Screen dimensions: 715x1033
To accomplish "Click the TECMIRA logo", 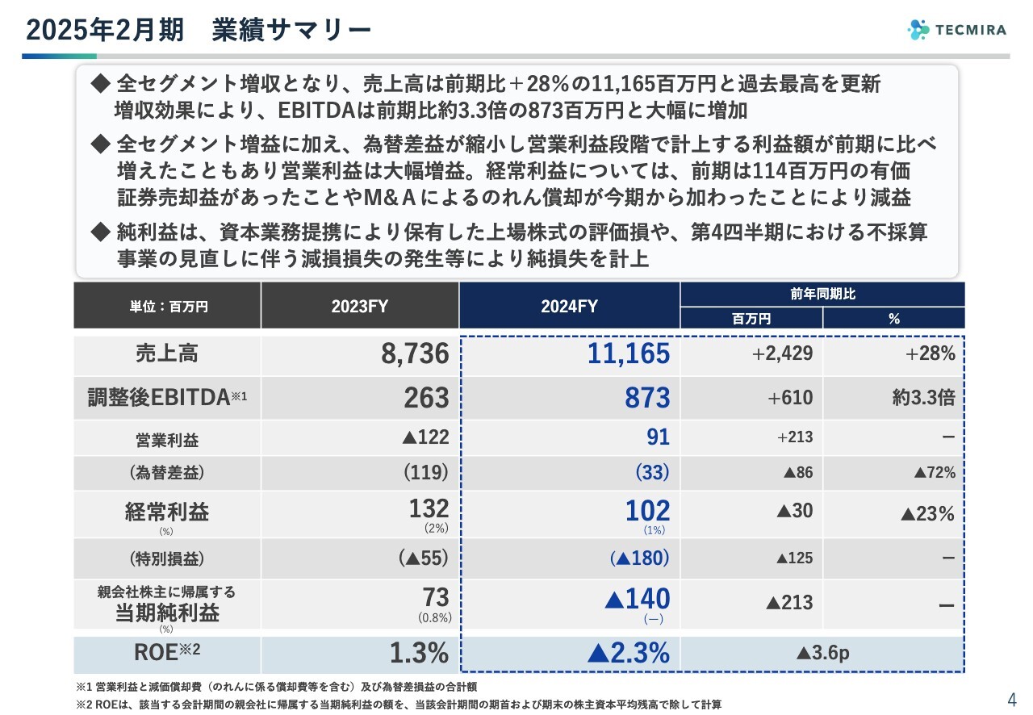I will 957,30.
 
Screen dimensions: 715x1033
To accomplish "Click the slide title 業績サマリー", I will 291,30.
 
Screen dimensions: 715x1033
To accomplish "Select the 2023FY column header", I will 359,306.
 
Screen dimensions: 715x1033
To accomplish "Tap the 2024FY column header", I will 569,306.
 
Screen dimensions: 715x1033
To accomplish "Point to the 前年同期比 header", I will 822,295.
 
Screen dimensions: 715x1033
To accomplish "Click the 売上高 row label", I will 166,353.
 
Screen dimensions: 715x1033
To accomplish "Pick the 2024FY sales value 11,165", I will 629,353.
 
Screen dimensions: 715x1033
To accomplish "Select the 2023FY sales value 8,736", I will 415,353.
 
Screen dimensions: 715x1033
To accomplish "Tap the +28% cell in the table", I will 931,353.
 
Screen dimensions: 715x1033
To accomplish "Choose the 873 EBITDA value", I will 647,397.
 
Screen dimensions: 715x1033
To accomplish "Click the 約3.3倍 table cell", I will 919,397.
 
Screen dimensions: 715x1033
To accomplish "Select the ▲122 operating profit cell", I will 424,437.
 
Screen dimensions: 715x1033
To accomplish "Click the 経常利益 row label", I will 166,511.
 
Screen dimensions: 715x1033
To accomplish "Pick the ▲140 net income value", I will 637,599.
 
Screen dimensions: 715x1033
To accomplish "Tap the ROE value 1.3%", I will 419,653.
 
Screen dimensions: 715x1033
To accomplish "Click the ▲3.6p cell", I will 822,653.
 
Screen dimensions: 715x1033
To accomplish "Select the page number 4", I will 1012,699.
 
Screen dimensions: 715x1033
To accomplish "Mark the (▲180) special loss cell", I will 640,558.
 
